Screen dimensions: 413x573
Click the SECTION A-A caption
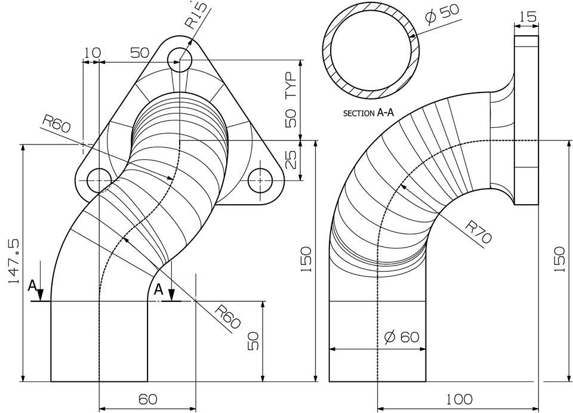[369, 112]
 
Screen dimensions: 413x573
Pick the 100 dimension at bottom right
[458, 399]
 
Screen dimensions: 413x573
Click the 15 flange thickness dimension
[528, 17]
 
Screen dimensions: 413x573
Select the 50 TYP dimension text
[291, 100]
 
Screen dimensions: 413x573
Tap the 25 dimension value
[291, 159]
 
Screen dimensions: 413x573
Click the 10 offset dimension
[91, 53]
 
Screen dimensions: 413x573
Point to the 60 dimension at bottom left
[147, 399]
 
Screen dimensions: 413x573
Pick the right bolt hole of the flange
[260, 180]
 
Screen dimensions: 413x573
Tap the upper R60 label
[57, 125]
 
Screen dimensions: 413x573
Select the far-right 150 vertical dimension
[559, 259]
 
